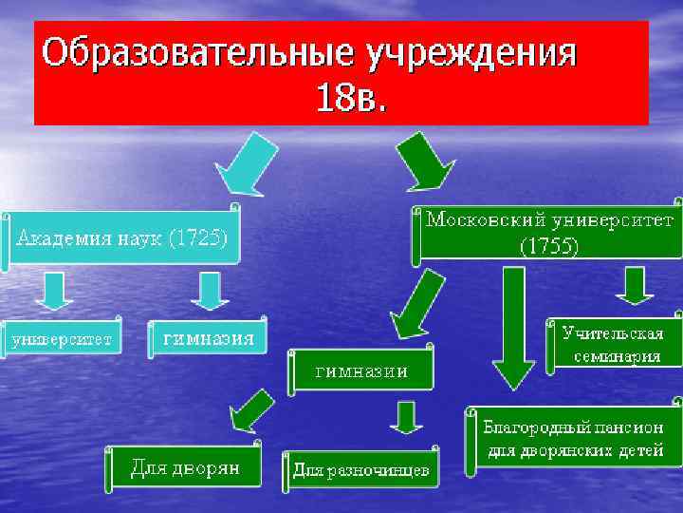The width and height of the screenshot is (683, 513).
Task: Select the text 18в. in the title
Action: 352,97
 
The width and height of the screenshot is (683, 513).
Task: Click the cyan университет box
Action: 62,338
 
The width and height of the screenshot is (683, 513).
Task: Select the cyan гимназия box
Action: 208,338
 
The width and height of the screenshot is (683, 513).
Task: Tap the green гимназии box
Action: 361,370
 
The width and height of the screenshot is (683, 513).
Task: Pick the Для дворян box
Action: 184,468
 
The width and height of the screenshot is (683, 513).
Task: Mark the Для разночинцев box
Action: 360,470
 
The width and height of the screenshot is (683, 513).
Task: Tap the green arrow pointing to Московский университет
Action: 424,162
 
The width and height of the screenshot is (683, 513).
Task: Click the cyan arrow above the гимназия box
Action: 210,290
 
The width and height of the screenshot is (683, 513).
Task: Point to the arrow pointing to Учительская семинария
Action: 635,284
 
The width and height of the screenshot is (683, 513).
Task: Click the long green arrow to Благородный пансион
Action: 514,328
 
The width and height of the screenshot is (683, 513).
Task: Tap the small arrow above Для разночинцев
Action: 407,416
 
